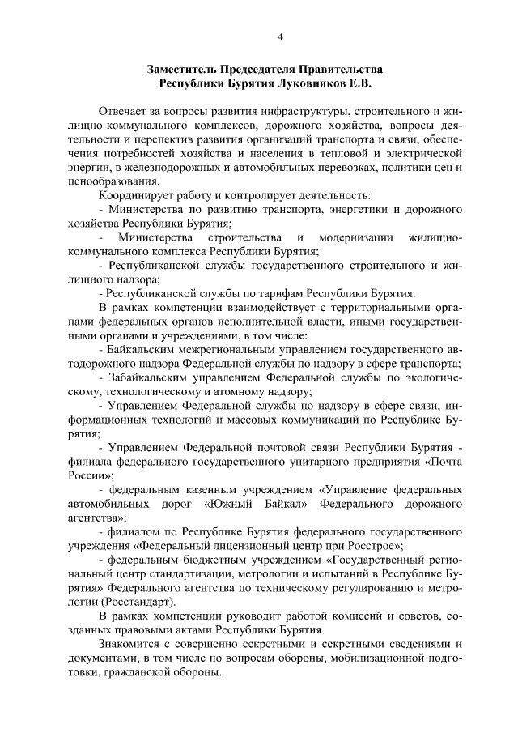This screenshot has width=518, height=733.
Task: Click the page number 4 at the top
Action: tap(280, 36)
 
